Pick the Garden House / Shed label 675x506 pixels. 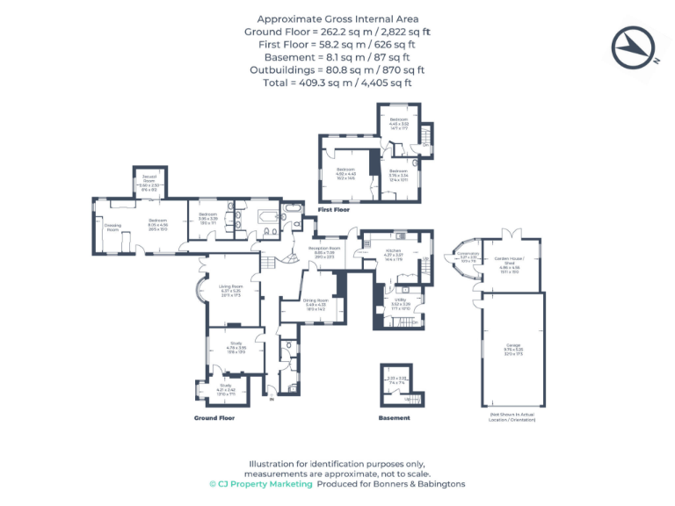509,264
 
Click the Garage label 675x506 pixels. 509,349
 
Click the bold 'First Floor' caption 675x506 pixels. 333,210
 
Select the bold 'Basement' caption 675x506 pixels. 394,418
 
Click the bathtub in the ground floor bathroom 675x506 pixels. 266,215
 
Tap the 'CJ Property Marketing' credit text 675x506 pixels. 260,484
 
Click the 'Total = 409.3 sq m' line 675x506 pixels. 337,83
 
